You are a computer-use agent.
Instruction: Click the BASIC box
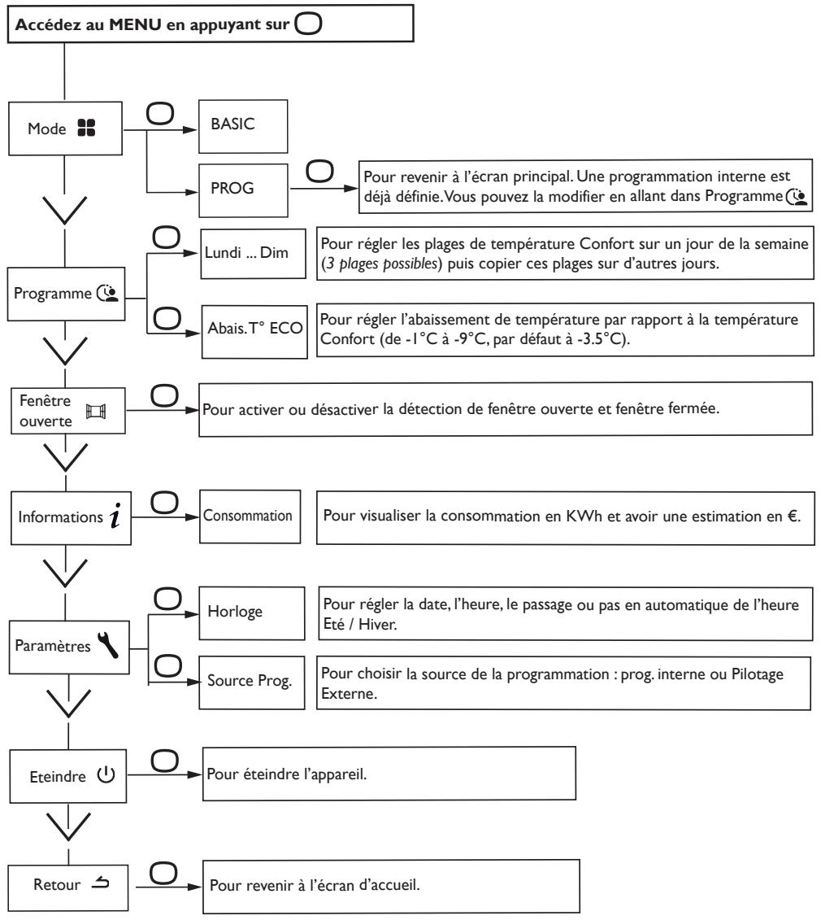point(243,126)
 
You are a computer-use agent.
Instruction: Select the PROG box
point(243,190)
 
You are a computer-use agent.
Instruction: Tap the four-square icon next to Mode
point(86,128)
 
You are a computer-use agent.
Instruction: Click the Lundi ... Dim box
point(253,254)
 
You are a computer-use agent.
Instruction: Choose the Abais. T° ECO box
point(254,332)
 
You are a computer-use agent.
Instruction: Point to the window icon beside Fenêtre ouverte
point(96,411)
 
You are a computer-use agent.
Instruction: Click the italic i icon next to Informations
point(115,515)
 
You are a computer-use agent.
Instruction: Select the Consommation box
point(250,517)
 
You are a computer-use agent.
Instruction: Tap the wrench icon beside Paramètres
point(108,644)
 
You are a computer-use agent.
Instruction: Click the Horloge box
point(251,613)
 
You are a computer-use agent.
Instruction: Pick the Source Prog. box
point(251,682)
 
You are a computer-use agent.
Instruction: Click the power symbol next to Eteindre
point(106,774)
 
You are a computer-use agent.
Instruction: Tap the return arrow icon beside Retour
point(100,882)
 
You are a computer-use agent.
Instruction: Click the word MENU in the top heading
point(135,24)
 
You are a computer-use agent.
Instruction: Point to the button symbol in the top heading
point(308,24)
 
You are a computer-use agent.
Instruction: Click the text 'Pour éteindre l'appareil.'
point(287,774)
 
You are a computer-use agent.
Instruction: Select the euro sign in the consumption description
point(793,516)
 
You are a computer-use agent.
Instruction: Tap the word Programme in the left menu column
point(53,294)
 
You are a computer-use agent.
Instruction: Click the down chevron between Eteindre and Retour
point(68,826)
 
